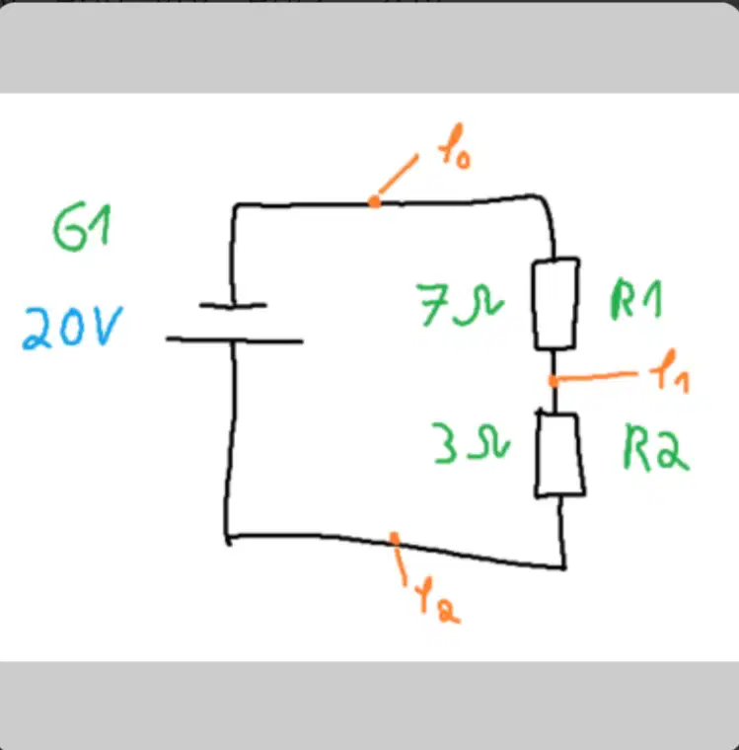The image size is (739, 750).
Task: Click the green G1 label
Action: pyautogui.click(x=82, y=227)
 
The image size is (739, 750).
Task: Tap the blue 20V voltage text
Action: pyautogui.click(x=72, y=328)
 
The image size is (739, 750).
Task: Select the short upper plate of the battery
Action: pyautogui.click(x=233, y=305)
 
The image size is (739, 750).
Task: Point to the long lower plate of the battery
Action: pyautogui.click(x=235, y=340)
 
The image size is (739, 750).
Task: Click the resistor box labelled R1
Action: pyautogui.click(x=555, y=304)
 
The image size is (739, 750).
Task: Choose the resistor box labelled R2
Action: pyautogui.click(x=559, y=454)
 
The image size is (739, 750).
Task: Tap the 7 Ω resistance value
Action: pyautogui.click(x=460, y=305)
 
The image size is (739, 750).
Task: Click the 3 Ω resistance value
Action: pyautogui.click(x=471, y=442)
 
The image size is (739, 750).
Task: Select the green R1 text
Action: pyautogui.click(x=636, y=298)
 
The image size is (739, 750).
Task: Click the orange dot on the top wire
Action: pyautogui.click(x=375, y=202)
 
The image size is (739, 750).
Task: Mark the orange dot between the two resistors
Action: pyautogui.click(x=554, y=381)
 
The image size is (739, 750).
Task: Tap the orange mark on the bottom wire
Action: pyautogui.click(x=394, y=539)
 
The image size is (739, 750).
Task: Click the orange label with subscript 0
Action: pyautogui.click(x=455, y=146)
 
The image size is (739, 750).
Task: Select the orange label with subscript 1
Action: pyautogui.click(x=670, y=372)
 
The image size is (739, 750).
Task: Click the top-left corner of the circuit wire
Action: pyautogui.click(x=235, y=206)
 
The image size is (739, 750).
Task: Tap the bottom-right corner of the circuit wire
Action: pyautogui.click(x=564, y=567)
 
